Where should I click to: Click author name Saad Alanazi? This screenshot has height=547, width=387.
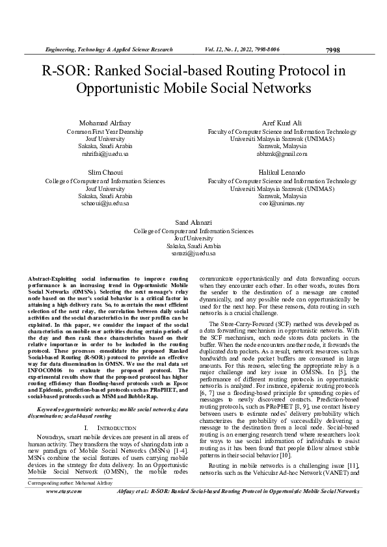pyautogui.click(x=194, y=222)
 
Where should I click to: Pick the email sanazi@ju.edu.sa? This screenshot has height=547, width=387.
pyautogui.click(x=194, y=253)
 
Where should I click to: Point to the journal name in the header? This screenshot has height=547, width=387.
pyautogui.click(x=107, y=49)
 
